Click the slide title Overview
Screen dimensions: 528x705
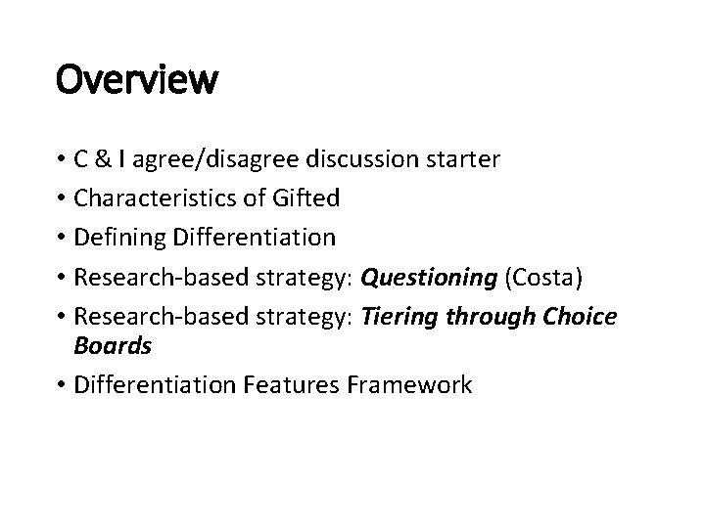pyautogui.click(x=137, y=79)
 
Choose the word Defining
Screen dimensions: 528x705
pyautogui.click(x=122, y=237)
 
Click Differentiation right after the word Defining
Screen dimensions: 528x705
pyautogui.click(x=254, y=237)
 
